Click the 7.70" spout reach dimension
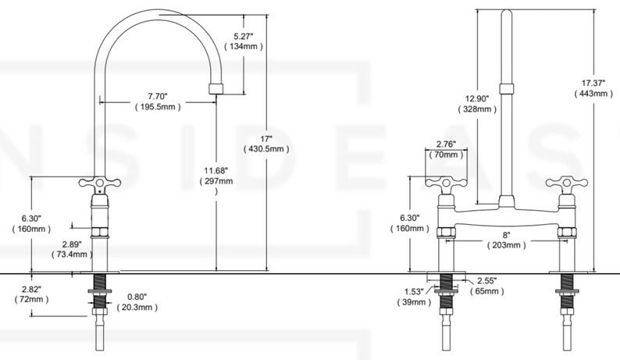click(x=155, y=96)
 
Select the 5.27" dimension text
click(x=244, y=35)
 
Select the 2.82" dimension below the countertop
click(x=31, y=289)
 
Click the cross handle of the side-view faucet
click(x=98, y=184)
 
